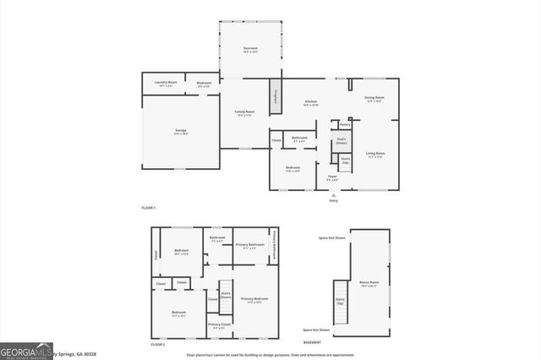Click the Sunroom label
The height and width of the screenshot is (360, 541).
250,50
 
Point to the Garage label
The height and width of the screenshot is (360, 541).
181,131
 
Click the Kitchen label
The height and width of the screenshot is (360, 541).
311,103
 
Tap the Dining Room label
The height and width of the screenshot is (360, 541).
374,99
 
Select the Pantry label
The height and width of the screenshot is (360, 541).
344,124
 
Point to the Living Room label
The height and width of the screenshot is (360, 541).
375,155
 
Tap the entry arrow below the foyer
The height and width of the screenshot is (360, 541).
333,194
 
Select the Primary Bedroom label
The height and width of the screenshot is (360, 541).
254,300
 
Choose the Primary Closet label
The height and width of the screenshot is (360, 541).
219,325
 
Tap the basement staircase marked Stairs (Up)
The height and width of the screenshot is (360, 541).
341,302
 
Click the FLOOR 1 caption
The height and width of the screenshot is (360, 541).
149,207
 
